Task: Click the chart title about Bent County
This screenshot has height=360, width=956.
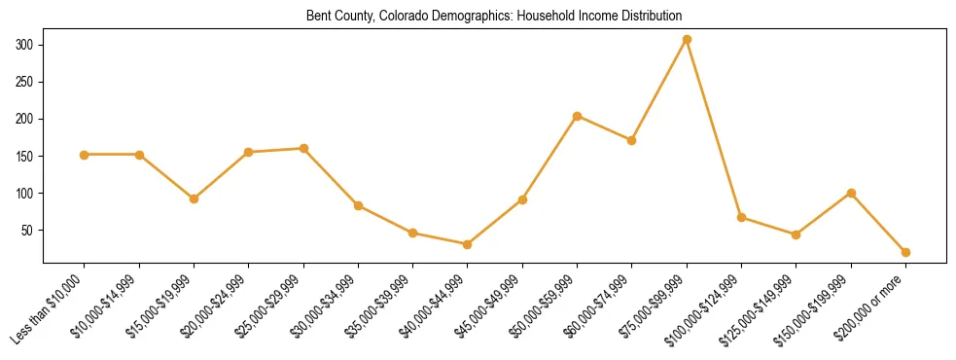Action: (494, 17)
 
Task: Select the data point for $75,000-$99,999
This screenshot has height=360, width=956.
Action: (687, 39)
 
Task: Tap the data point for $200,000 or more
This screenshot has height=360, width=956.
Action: (905, 252)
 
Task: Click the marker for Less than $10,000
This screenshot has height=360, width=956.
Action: (85, 155)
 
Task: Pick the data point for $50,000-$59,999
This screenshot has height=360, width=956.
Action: (577, 116)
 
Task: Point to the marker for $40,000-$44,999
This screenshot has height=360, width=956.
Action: (468, 244)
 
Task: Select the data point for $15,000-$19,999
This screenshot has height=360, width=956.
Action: (195, 198)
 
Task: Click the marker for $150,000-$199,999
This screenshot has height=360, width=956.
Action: (851, 193)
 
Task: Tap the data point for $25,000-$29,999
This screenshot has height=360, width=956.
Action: (303, 149)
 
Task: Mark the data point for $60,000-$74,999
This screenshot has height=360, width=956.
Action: (632, 140)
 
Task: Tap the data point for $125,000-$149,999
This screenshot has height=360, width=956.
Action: (796, 234)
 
